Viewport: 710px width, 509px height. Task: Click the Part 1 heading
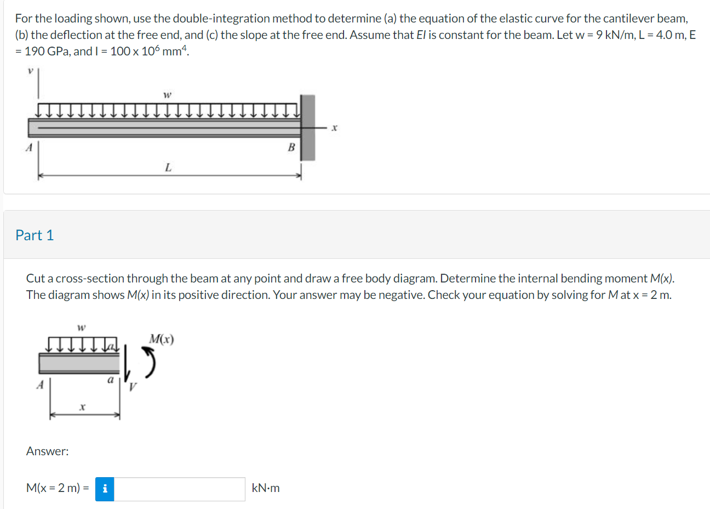click(x=35, y=235)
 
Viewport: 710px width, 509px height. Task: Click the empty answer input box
click(x=179, y=489)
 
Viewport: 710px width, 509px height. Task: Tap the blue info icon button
click(x=105, y=489)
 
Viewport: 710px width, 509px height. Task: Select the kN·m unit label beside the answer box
click(x=266, y=488)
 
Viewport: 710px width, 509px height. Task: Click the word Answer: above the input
click(x=48, y=451)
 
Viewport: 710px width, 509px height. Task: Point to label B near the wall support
click(x=291, y=147)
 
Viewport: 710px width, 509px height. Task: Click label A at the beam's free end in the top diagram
click(x=30, y=147)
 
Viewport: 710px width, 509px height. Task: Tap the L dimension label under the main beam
click(x=168, y=167)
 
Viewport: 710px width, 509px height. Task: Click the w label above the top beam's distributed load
click(x=168, y=95)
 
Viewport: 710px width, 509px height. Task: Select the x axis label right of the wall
click(x=335, y=128)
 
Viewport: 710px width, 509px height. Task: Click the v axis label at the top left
click(x=31, y=71)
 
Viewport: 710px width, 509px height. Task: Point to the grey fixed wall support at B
click(x=308, y=127)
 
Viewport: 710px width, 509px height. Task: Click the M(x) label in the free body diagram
click(x=162, y=339)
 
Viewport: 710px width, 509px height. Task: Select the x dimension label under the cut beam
click(x=82, y=408)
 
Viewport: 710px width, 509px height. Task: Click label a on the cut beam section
click(x=110, y=380)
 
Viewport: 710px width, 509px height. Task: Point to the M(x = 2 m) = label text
click(x=58, y=488)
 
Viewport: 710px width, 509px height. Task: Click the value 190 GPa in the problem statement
click(x=47, y=52)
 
